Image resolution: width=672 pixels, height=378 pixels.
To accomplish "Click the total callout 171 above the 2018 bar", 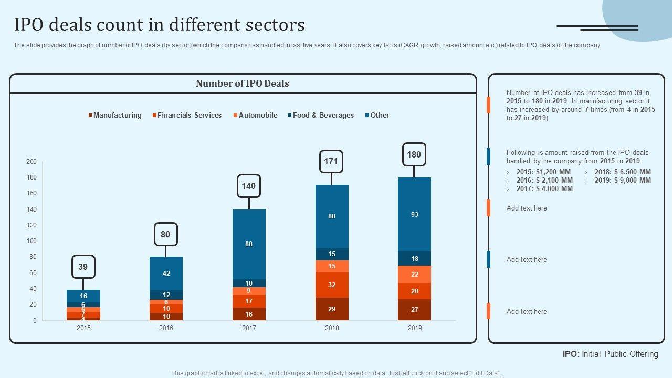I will (331, 161).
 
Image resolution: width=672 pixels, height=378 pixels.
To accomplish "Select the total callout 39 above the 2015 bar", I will (83, 267).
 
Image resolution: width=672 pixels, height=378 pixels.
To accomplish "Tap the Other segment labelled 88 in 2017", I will (249, 244).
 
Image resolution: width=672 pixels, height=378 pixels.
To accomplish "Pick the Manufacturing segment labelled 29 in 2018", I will (332, 309).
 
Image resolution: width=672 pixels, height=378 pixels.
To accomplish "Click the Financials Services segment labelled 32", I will (332, 285).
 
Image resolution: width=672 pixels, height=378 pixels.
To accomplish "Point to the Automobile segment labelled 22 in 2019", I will (414, 274).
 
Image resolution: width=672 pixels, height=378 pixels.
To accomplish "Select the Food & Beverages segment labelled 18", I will (414, 258).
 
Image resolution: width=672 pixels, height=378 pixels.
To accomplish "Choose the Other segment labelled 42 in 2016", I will (166, 273).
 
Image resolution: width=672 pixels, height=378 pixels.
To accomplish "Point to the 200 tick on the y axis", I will (31, 162).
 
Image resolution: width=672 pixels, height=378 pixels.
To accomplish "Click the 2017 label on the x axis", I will (249, 328).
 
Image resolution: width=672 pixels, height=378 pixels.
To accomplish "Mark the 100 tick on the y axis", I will (31, 241).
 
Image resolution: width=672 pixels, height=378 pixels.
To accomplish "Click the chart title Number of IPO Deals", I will (242, 83).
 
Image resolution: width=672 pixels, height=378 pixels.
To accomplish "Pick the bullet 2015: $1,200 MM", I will (543, 172).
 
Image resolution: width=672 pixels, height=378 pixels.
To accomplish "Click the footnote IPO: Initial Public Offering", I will (610, 354).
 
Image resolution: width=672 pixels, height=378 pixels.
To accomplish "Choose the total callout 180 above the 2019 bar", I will (414, 154).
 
